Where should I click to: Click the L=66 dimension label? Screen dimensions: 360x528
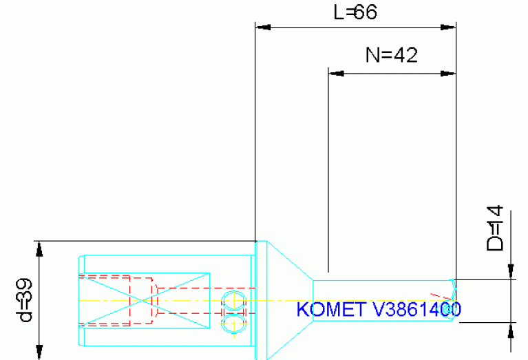point(355,12)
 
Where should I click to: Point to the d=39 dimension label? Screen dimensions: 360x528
point(25,301)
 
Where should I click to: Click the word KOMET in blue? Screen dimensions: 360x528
point(330,310)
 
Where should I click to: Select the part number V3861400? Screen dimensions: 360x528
point(416,310)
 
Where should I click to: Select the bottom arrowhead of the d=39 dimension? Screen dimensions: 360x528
point(39,351)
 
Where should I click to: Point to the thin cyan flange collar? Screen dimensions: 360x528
point(261,300)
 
